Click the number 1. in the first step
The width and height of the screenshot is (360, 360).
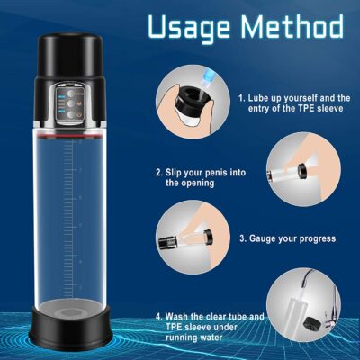(241, 98)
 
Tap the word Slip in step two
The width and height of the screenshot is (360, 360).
(174, 173)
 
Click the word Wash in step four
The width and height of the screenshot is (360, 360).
(175, 317)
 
